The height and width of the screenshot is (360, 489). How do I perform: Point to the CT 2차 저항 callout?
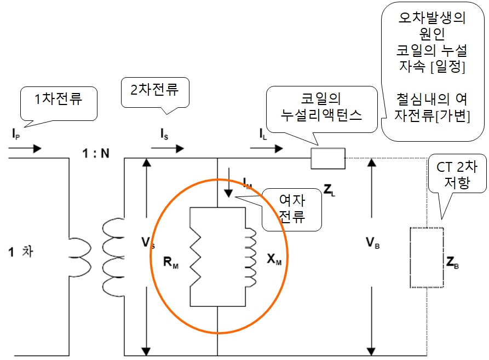coord(456,175)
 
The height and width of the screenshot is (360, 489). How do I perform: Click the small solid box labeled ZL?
coord(327,158)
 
